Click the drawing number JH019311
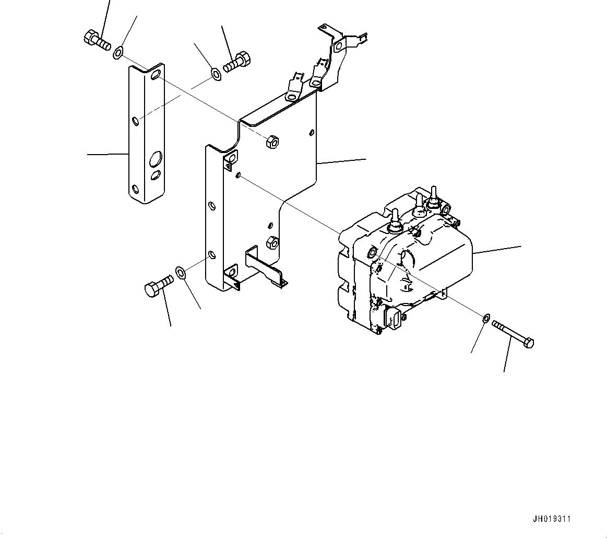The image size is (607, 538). (551, 519)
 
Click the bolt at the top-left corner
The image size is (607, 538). (96, 40)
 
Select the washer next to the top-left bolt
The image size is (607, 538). (118, 51)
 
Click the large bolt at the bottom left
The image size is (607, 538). (157, 286)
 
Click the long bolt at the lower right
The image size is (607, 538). (512, 333)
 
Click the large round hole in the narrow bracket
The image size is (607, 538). (156, 157)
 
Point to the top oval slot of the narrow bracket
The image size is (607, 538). (155, 77)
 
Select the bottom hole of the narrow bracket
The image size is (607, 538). (136, 189)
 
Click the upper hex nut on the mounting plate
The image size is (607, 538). (272, 141)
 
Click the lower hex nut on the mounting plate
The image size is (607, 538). (271, 241)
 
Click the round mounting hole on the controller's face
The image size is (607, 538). (372, 253)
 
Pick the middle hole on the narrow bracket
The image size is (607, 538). (135, 122)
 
